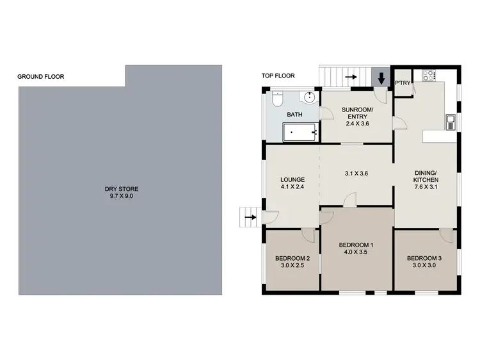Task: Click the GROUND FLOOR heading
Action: coord(40,77)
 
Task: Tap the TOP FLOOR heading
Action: coord(278,76)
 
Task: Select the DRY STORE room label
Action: coord(122,189)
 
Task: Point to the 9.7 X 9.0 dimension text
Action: coord(122,196)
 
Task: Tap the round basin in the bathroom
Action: coord(310,97)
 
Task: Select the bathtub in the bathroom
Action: coord(300,133)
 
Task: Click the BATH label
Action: coord(294,115)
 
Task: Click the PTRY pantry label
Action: coord(403,83)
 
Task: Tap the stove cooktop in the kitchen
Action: coord(428,76)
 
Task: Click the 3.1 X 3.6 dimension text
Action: coord(356,173)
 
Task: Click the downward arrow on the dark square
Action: coord(381,78)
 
